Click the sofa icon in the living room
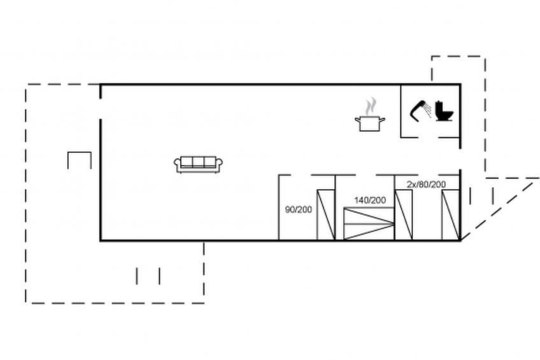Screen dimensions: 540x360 (198, 164)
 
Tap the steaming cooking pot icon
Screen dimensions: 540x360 (370, 115)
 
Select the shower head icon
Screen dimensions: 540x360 (418, 111)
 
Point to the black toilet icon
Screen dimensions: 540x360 (444, 111)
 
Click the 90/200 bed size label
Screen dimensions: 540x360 (299, 210)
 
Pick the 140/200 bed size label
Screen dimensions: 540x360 (370, 200)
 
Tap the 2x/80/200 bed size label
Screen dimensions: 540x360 (427, 184)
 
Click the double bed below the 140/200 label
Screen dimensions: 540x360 (369, 223)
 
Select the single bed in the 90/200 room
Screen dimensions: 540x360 (326, 214)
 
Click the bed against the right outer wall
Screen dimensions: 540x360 (451, 214)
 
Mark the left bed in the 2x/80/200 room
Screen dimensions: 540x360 (404, 214)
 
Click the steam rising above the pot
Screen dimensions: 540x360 (371, 107)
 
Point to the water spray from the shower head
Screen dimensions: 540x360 (428, 109)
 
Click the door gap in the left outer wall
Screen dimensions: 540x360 (101, 109)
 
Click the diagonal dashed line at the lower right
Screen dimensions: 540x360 (499, 210)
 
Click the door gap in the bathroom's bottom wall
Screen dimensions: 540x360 (428, 138)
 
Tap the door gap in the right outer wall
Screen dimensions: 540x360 (460, 159)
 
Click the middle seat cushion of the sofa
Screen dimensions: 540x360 (198, 162)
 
